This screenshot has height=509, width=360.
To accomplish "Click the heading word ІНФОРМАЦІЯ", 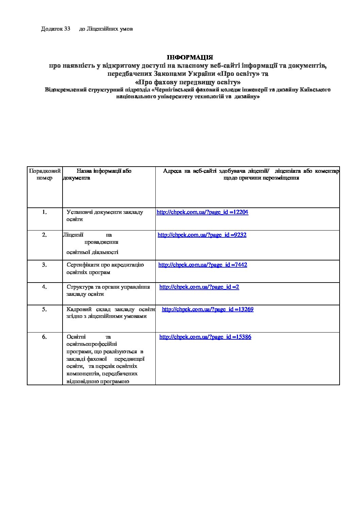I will click(190, 57).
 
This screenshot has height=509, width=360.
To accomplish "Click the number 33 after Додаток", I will click(67, 29).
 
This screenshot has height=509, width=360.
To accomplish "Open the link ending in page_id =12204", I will click(202, 212).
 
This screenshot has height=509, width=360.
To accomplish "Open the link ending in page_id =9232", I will click(202, 235).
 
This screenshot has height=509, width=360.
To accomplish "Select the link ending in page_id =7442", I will click(203, 265).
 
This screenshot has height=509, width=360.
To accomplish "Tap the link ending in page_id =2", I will click(199, 287).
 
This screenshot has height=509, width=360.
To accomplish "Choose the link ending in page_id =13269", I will click(208, 309).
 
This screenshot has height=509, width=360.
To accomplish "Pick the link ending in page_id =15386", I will click(205, 337).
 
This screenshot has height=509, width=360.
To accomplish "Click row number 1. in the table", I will click(45, 212).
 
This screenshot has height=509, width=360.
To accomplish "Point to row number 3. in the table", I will click(45, 265).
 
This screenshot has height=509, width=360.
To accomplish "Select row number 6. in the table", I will click(45, 337).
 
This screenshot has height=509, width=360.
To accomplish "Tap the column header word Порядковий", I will click(45, 171).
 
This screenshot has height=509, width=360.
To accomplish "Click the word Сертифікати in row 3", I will click(82, 265).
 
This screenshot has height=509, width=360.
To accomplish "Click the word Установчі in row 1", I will click(79, 212).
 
